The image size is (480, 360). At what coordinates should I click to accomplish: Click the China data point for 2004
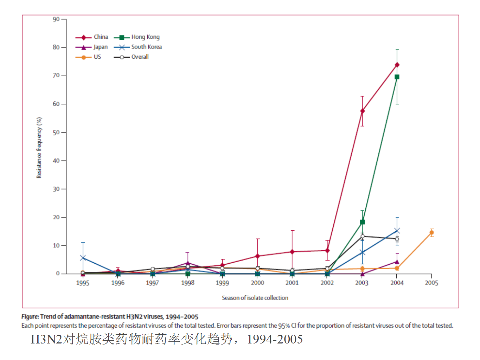(397, 65)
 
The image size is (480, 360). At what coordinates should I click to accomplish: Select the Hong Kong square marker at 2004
(397, 77)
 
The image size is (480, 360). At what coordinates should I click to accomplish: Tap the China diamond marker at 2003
(362, 111)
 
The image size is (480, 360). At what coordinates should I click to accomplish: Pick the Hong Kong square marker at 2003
(362, 222)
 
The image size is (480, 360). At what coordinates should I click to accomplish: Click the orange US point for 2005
(431, 232)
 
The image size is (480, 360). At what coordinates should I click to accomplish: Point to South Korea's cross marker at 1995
(83, 258)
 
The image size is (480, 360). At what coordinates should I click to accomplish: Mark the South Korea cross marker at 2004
(397, 231)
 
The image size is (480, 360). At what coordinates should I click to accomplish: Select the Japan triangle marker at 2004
(397, 262)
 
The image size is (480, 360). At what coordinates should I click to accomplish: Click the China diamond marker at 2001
(292, 252)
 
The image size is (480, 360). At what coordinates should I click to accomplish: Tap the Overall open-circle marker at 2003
(362, 236)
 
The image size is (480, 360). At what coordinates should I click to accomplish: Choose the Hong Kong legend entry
(137, 37)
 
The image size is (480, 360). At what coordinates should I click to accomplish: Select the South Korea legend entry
(138, 47)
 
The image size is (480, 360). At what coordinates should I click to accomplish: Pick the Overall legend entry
(132, 57)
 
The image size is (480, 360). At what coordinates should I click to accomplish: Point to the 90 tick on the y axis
(56, 19)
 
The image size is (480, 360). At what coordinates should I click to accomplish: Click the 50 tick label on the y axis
(56, 133)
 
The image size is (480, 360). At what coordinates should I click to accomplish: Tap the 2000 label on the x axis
(257, 283)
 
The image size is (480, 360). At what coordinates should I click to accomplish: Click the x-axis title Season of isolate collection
(255, 298)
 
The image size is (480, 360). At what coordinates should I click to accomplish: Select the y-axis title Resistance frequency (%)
(39, 148)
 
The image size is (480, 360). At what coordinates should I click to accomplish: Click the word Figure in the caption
(30, 316)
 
